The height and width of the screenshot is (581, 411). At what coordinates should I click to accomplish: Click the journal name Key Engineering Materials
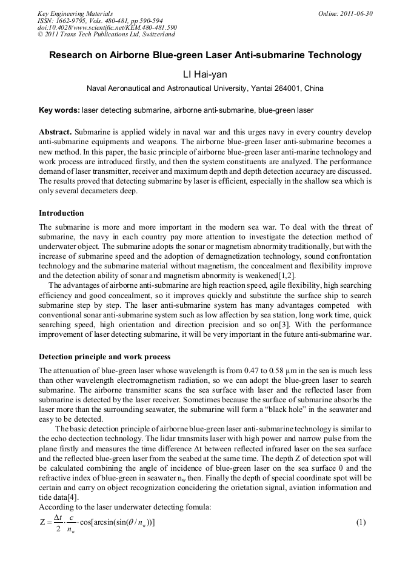75,13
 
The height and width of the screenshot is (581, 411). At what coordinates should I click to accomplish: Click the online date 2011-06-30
353,13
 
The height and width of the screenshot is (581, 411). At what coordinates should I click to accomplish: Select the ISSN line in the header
100,21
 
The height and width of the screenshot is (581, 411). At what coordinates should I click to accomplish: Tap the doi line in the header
107,27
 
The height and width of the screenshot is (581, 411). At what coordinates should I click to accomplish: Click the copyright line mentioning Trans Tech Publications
106,35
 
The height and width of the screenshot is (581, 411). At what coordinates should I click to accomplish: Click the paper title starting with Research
205,55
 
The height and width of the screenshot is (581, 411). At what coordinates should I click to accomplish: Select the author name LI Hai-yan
205,75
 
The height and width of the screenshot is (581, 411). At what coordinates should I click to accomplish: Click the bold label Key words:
59,111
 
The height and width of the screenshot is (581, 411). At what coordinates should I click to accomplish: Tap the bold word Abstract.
56,132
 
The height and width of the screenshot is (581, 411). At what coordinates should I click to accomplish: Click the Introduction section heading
61,213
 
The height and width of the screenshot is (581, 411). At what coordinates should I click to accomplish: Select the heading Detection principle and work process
104,356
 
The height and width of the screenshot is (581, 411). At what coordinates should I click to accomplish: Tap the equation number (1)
361,522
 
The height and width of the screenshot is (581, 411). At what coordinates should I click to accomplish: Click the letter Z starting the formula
42,523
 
